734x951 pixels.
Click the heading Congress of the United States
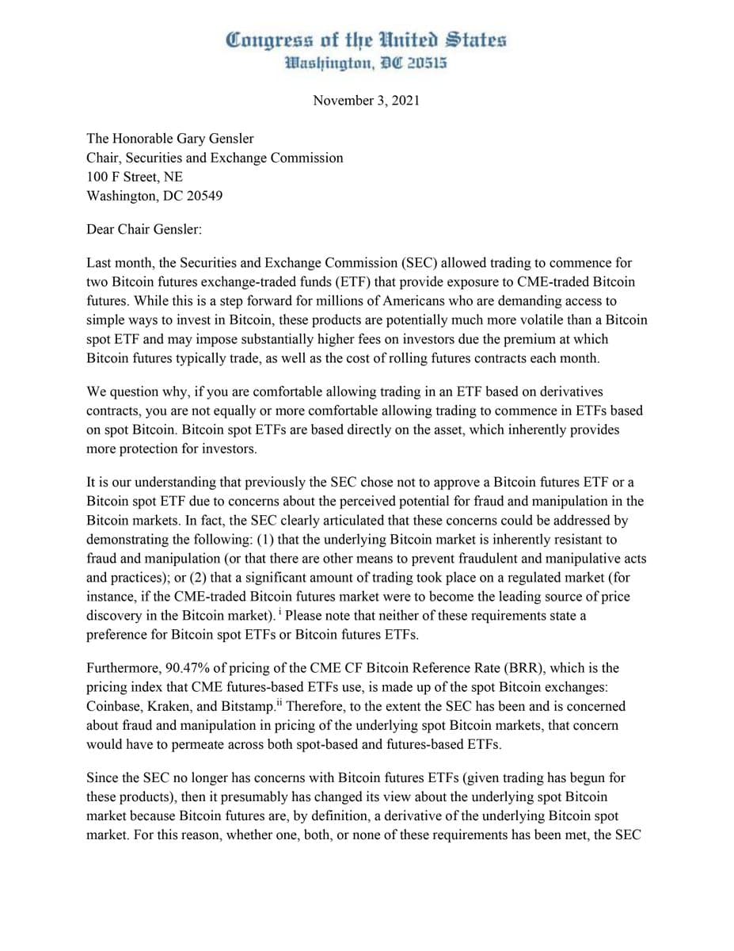coord(366,40)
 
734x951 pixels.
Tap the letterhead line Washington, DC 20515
coord(366,63)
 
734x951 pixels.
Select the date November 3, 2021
coord(366,101)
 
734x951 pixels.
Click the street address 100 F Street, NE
coord(135,177)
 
